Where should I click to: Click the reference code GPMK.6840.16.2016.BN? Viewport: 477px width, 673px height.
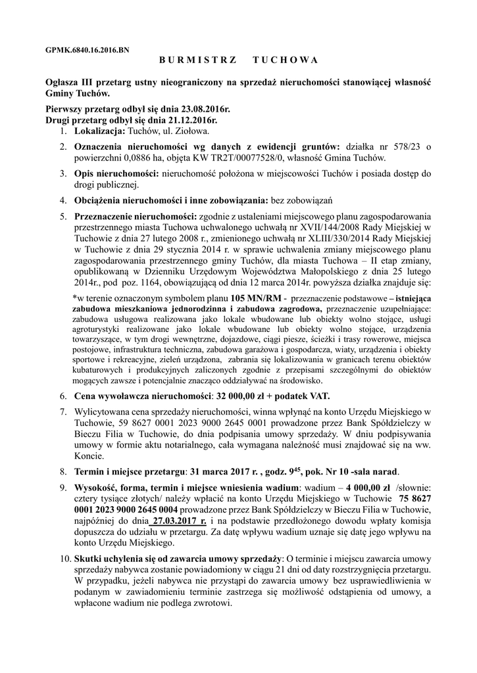click(x=88, y=49)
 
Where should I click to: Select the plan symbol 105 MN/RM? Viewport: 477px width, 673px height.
click(x=253, y=300)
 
